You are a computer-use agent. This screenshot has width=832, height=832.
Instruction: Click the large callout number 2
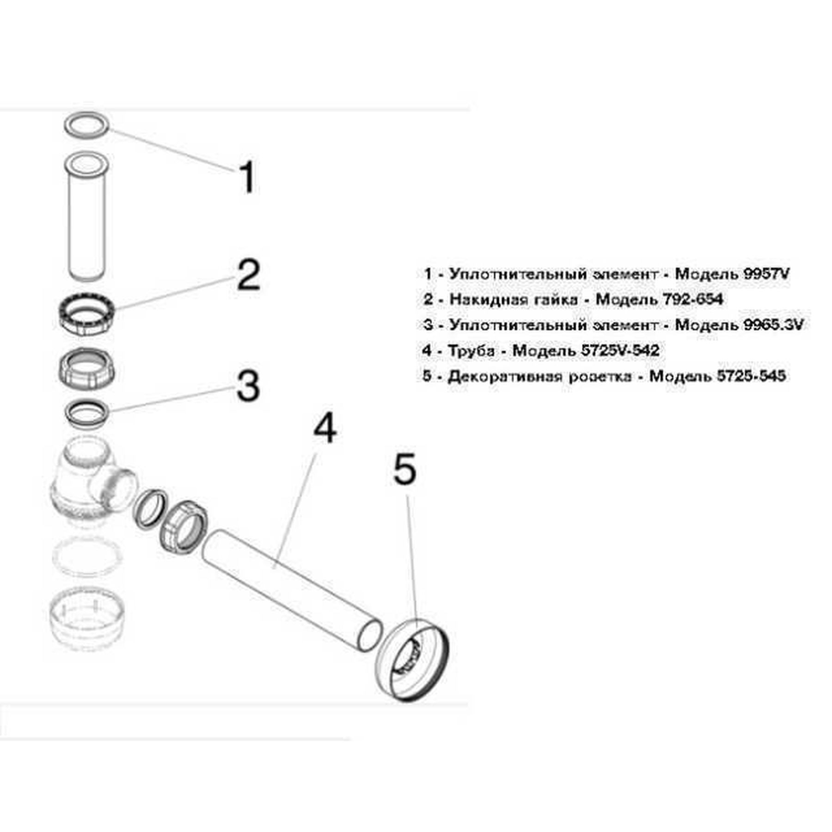coord(248,275)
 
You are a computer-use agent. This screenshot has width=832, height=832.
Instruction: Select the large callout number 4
coord(324,428)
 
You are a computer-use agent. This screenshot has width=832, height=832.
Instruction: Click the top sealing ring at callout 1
coord(86,124)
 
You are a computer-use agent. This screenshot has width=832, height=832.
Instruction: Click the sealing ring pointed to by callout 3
coord(86,412)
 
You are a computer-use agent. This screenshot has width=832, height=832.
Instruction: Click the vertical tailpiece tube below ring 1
coord(86,217)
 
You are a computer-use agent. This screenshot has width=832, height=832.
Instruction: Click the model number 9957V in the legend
coord(765,274)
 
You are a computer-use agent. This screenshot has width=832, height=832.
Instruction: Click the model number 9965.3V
coord(773,324)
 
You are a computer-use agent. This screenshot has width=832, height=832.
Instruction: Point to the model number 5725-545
coord(751,376)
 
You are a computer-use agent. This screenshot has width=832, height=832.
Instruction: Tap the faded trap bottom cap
coord(87,619)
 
